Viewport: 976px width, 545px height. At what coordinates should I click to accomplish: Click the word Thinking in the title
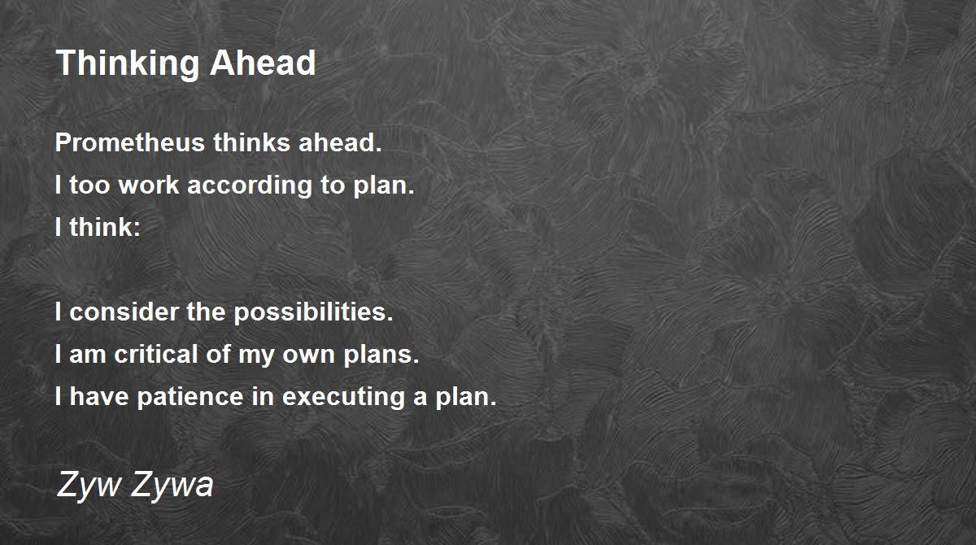click(127, 64)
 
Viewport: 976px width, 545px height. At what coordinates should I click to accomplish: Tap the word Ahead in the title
click(263, 63)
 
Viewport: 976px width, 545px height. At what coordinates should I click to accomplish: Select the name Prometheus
click(130, 142)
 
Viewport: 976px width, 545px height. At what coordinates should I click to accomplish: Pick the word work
click(149, 185)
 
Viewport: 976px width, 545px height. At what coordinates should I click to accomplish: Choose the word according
click(250, 186)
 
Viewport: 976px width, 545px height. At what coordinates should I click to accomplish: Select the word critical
click(156, 354)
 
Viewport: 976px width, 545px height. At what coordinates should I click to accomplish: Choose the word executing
click(344, 397)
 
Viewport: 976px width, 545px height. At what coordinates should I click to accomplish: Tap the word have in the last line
click(99, 396)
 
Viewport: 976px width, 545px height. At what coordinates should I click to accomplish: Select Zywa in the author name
click(172, 485)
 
